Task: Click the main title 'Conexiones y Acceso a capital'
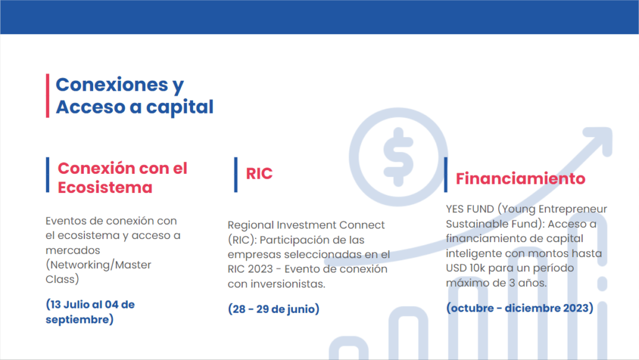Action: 135,96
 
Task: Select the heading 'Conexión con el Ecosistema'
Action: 122,178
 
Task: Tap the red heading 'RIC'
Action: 259,174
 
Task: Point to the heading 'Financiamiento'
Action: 521,179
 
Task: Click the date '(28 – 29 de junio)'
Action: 274,309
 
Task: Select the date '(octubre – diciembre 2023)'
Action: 520,308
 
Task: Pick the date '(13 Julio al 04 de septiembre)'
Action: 90,312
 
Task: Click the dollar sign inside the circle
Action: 398,157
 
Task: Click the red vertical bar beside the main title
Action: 48,96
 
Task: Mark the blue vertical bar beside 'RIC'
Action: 236,174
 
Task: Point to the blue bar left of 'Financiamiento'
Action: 446,174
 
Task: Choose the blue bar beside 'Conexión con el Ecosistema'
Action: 48,174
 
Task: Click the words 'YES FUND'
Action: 470,209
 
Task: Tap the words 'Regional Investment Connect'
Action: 306,225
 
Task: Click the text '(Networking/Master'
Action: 98,265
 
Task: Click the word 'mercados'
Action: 73,250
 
